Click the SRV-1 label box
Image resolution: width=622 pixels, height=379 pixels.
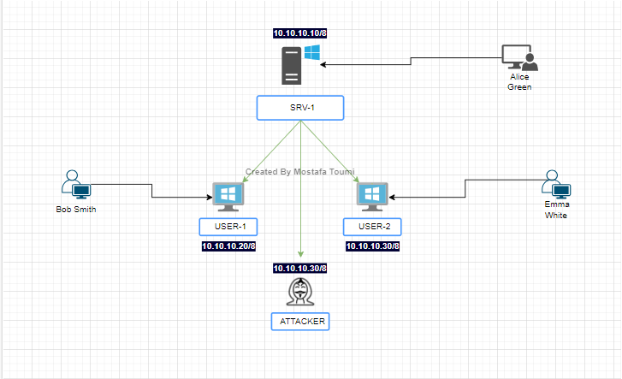click(299, 108)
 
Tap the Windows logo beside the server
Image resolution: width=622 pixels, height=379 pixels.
click(312, 54)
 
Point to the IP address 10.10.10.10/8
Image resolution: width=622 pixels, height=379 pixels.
click(299, 33)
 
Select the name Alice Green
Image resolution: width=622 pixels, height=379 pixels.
click(519, 81)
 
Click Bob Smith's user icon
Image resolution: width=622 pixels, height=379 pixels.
click(75, 184)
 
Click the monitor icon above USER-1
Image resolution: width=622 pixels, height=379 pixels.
click(228, 196)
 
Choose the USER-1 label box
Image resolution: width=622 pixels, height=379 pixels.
click(228, 227)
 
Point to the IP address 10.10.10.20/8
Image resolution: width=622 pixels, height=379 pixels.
click(228, 246)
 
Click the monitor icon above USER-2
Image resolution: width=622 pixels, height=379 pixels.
click(372, 196)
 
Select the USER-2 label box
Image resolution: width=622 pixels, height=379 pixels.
click(372, 227)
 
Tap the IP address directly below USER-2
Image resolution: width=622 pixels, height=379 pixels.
click(372, 246)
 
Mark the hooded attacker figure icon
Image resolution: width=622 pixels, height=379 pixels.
click(299, 292)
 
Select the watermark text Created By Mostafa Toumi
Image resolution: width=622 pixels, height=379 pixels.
click(299, 171)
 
